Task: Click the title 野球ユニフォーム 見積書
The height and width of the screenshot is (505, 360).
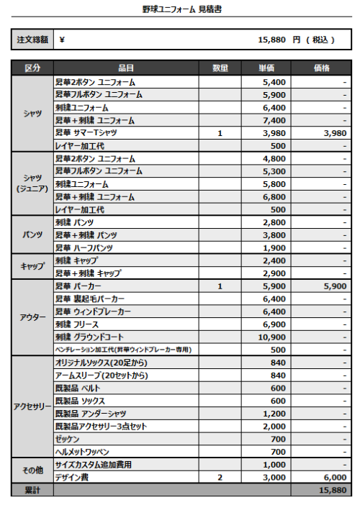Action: tap(180, 10)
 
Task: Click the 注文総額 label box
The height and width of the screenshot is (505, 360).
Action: tap(32, 40)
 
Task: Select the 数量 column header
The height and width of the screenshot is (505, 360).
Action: tap(220, 68)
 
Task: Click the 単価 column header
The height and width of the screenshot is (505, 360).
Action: tap(266, 68)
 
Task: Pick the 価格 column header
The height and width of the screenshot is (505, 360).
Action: tap(321, 68)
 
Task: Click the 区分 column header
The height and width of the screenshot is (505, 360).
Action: tap(32, 68)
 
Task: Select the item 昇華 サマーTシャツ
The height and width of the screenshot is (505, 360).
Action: tap(86, 133)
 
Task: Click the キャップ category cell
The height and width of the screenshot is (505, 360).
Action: tap(32, 267)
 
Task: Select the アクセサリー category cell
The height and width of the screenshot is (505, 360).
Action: tap(32, 406)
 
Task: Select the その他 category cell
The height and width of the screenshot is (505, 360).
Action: tap(32, 470)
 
